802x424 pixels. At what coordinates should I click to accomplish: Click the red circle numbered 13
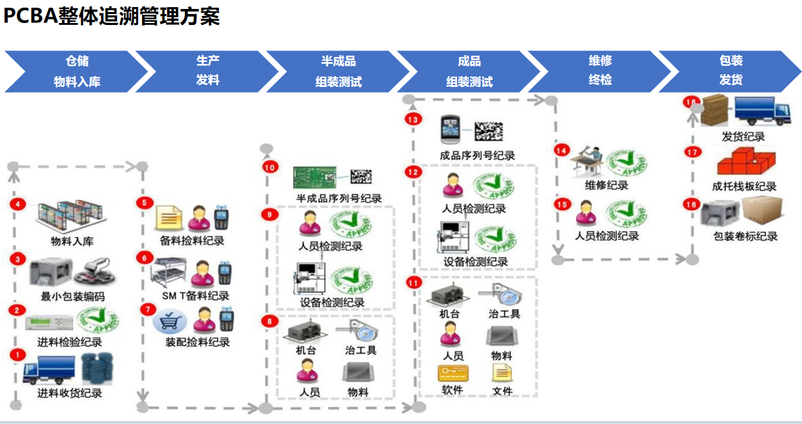click(412, 119)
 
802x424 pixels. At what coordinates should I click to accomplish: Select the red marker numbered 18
click(691, 102)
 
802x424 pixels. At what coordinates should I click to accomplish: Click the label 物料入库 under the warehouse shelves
click(72, 241)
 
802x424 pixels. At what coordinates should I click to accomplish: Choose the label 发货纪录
click(743, 136)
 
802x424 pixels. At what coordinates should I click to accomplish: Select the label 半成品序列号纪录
click(339, 198)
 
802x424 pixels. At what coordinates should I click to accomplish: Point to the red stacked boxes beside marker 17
click(744, 162)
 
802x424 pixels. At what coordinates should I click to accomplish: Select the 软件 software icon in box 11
click(452, 373)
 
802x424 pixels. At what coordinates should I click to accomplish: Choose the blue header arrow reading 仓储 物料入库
click(76, 71)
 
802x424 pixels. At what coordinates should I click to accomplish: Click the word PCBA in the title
click(30, 16)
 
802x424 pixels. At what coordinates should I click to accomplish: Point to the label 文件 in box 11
click(502, 390)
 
